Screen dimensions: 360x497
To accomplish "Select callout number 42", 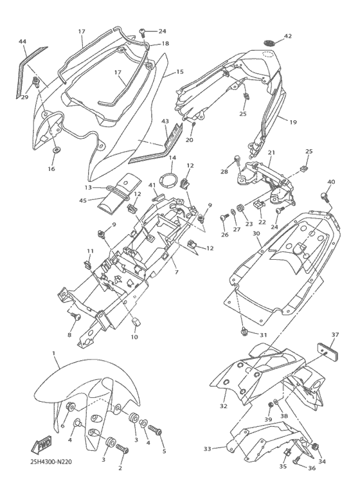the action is (x=287, y=36).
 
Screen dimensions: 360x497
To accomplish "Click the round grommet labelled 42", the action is (x=269, y=42).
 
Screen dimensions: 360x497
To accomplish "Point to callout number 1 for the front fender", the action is (x=54, y=353).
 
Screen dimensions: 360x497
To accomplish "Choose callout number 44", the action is (x=22, y=42).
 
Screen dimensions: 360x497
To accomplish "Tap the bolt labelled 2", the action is (x=122, y=449).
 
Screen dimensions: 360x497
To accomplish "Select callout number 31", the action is (x=264, y=335).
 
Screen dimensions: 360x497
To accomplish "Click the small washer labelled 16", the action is (x=57, y=149).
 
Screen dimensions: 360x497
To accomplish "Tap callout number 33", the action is (x=207, y=449).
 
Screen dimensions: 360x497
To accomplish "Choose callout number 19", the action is (x=293, y=122).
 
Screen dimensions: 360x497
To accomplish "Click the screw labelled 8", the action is (x=76, y=316).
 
